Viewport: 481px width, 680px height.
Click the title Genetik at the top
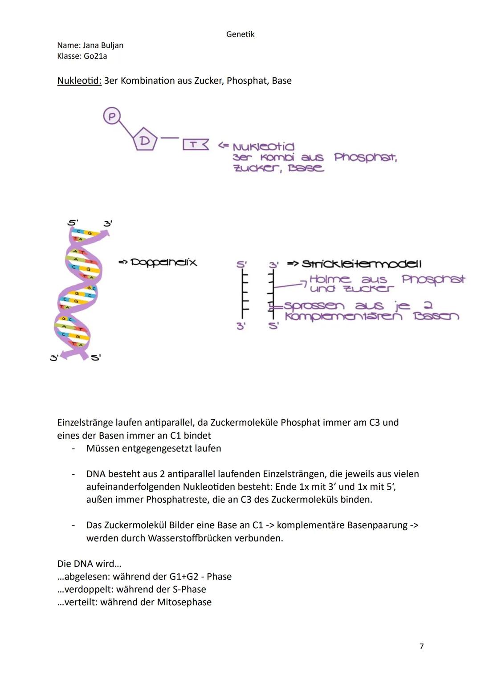240,34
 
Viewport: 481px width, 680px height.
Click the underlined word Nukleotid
79,81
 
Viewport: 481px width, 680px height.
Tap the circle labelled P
112,117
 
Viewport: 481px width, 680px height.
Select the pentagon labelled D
145,140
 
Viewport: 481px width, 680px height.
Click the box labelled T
195,145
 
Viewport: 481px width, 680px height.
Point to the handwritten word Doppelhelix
163,262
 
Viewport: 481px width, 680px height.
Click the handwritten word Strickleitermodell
361,264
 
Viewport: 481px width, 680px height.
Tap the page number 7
421,646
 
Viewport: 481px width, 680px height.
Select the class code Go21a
95,56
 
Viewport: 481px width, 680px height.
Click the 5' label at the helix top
73,222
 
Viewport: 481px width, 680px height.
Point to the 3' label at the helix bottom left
54,357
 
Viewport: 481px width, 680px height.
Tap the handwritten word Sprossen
314,306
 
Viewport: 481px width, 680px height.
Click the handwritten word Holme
330,279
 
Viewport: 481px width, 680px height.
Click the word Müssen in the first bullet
103,448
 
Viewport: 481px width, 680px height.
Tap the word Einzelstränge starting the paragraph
85,422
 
